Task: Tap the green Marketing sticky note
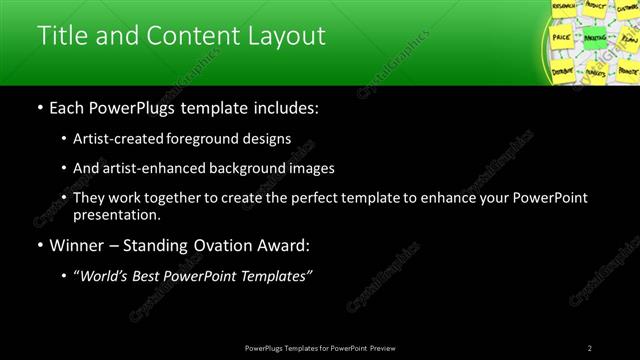594,37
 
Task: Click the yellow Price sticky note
561,36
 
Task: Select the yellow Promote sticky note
627,72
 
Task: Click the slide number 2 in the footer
590,348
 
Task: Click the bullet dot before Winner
39,246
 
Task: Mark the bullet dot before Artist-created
64,138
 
